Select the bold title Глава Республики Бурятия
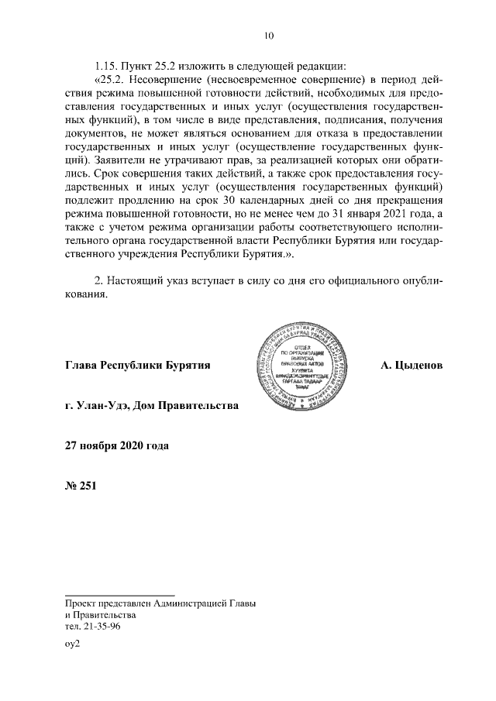click(x=139, y=364)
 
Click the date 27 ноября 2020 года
click(x=116, y=445)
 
